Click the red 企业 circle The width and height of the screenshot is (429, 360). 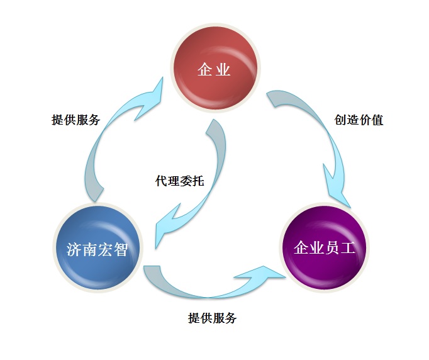[x=215, y=67]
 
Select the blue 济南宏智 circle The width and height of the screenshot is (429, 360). [x=97, y=247]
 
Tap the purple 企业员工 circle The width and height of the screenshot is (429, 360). [x=324, y=247]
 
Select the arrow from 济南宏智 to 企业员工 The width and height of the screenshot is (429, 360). [x=208, y=296]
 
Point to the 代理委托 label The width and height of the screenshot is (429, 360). [x=179, y=181]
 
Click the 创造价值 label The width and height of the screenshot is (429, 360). [x=359, y=120]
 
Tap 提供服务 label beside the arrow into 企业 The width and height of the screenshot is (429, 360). [x=75, y=120]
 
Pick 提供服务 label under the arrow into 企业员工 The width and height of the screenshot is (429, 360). [x=213, y=318]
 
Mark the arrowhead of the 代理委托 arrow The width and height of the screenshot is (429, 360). [x=167, y=225]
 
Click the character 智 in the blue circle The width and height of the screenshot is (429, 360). [x=120, y=249]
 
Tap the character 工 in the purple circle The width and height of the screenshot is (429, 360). [x=347, y=247]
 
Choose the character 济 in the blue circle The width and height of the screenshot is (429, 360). [x=74, y=249]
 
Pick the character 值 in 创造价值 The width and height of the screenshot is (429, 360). [x=377, y=120]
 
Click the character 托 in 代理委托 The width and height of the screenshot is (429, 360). [x=198, y=181]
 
